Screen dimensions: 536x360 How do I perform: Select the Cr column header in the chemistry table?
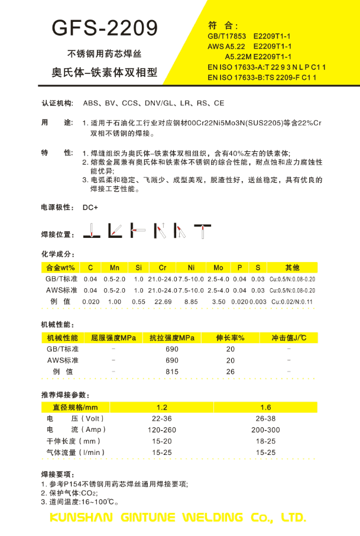(163, 268)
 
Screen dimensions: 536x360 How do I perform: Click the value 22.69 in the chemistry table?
(163, 302)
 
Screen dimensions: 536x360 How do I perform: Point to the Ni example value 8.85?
(191, 302)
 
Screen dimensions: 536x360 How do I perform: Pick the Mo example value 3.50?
(218, 302)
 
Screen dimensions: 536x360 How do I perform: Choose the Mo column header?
(218, 268)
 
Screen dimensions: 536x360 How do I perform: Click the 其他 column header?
(292, 268)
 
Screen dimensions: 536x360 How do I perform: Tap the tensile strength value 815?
(172, 372)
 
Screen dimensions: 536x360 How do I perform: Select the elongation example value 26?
(231, 372)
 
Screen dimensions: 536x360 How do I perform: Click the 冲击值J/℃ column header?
(288, 338)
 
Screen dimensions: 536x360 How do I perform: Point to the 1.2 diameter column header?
(162, 407)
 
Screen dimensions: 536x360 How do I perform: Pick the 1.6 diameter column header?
(265, 407)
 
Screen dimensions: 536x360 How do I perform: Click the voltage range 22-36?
(162, 418)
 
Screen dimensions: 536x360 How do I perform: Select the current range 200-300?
(265, 430)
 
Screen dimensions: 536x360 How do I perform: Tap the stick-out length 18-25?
(265, 441)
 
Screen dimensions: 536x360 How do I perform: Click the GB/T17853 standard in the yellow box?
(227, 36)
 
